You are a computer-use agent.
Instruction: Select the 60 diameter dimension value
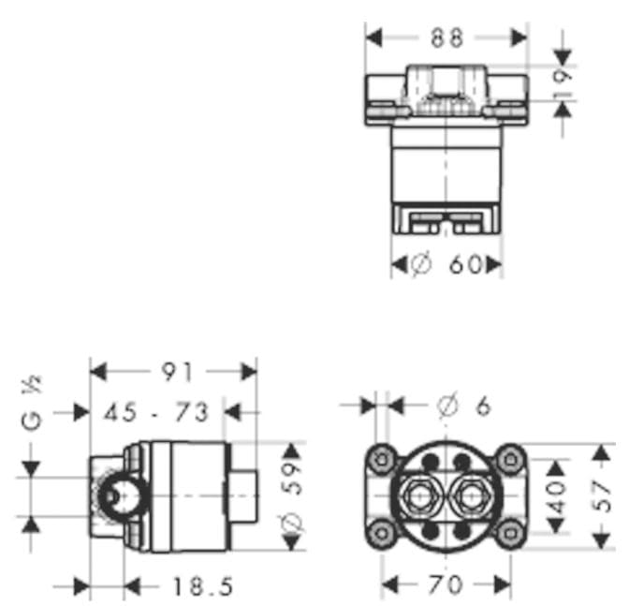(x=465, y=266)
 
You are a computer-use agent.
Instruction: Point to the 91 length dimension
(x=175, y=372)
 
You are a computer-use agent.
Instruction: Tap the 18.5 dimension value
(x=200, y=587)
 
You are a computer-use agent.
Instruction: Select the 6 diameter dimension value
(x=483, y=406)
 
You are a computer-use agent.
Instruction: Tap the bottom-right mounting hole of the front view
(x=510, y=534)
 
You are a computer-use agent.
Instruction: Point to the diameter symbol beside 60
(x=422, y=266)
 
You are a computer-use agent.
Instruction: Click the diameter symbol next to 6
(x=447, y=406)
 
